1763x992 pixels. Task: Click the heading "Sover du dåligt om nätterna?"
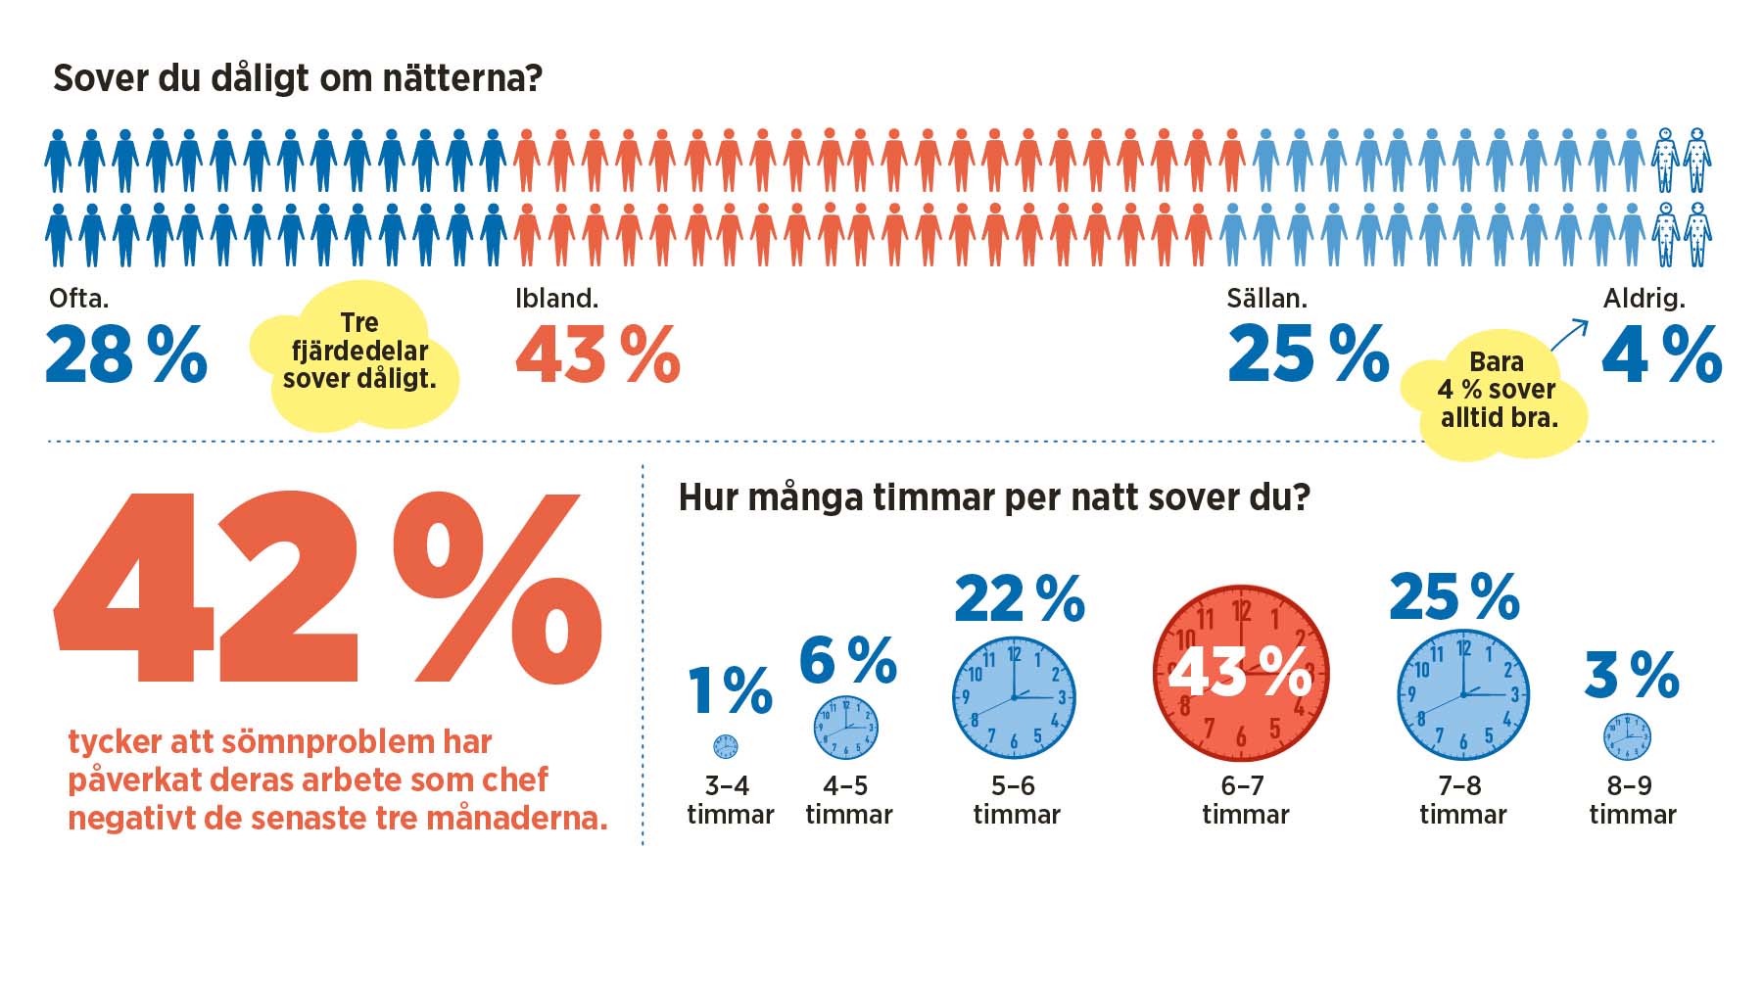(x=297, y=78)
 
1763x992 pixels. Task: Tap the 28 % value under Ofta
(x=126, y=354)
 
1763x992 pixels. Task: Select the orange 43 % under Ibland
(x=597, y=354)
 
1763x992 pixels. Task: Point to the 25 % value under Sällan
(x=1309, y=354)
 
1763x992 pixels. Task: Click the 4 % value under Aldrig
(x=1662, y=354)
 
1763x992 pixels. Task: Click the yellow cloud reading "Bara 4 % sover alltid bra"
(x=1497, y=392)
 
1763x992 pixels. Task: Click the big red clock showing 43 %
(x=1241, y=674)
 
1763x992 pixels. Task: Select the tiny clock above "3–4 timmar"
(x=726, y=746)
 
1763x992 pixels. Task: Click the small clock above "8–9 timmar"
(x=1627, y=736)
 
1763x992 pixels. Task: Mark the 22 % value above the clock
(x=1020, y=598)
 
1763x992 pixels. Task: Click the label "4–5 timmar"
(x=848, y=800)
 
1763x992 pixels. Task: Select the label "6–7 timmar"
(x=1245, y=800)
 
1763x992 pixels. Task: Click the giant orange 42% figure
(x=328, y=588)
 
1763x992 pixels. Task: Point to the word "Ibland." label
(x=556, y=298)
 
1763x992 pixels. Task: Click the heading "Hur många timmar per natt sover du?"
(x=994, y=497)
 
